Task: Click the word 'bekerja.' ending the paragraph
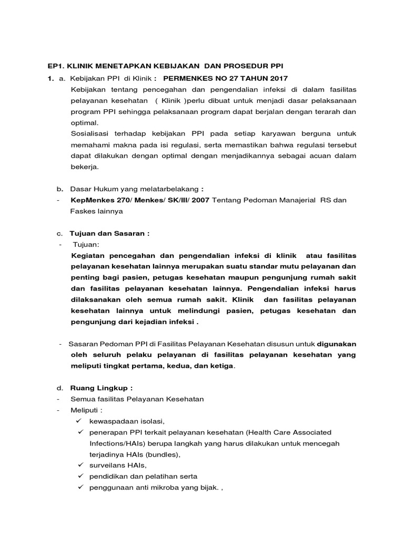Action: [x=85, y=167]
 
